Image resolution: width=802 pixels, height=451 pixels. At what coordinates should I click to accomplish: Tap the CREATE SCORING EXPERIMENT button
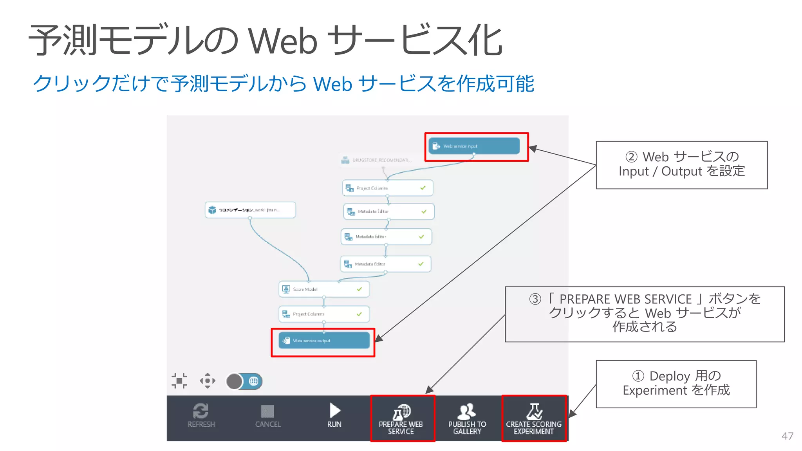tap(534, 418)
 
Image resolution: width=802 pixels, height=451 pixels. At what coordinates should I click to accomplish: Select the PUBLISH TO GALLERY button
tap(467, 418)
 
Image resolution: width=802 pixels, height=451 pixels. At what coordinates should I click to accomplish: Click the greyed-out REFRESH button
tap(201, 416)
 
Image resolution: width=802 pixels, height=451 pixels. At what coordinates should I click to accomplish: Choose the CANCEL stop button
tap(268, 416)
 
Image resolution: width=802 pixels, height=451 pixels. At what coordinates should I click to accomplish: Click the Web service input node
tap(474, 146)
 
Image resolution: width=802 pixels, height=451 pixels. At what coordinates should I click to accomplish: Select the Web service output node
tap(324, 341)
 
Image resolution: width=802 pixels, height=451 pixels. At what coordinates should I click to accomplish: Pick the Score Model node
tap(324, 289)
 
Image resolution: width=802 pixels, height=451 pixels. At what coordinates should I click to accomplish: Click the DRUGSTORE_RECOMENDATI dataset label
tap(381, 160)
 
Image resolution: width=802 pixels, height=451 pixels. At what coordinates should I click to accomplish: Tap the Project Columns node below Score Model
tap(324, 314)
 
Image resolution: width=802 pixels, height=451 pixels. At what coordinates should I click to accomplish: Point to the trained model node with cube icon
tap(250, 210)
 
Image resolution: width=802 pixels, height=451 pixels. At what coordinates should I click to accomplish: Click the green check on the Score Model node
tap(359, 289)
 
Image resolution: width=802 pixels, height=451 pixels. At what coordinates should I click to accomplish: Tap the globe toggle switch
tap(244, 381)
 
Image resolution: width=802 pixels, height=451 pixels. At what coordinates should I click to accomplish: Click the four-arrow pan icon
tap(208, 381)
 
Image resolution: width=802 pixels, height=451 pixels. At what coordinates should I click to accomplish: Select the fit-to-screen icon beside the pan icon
tap(179, 381)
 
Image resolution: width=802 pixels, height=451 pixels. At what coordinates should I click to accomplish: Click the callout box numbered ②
tap(681, 165)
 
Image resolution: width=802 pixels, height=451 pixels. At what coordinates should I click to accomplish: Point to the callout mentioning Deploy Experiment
tap(676, 384)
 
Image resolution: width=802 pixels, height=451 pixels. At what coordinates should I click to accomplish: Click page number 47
tap(787, 436)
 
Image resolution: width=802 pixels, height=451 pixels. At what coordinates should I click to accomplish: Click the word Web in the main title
tap(283, 41)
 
